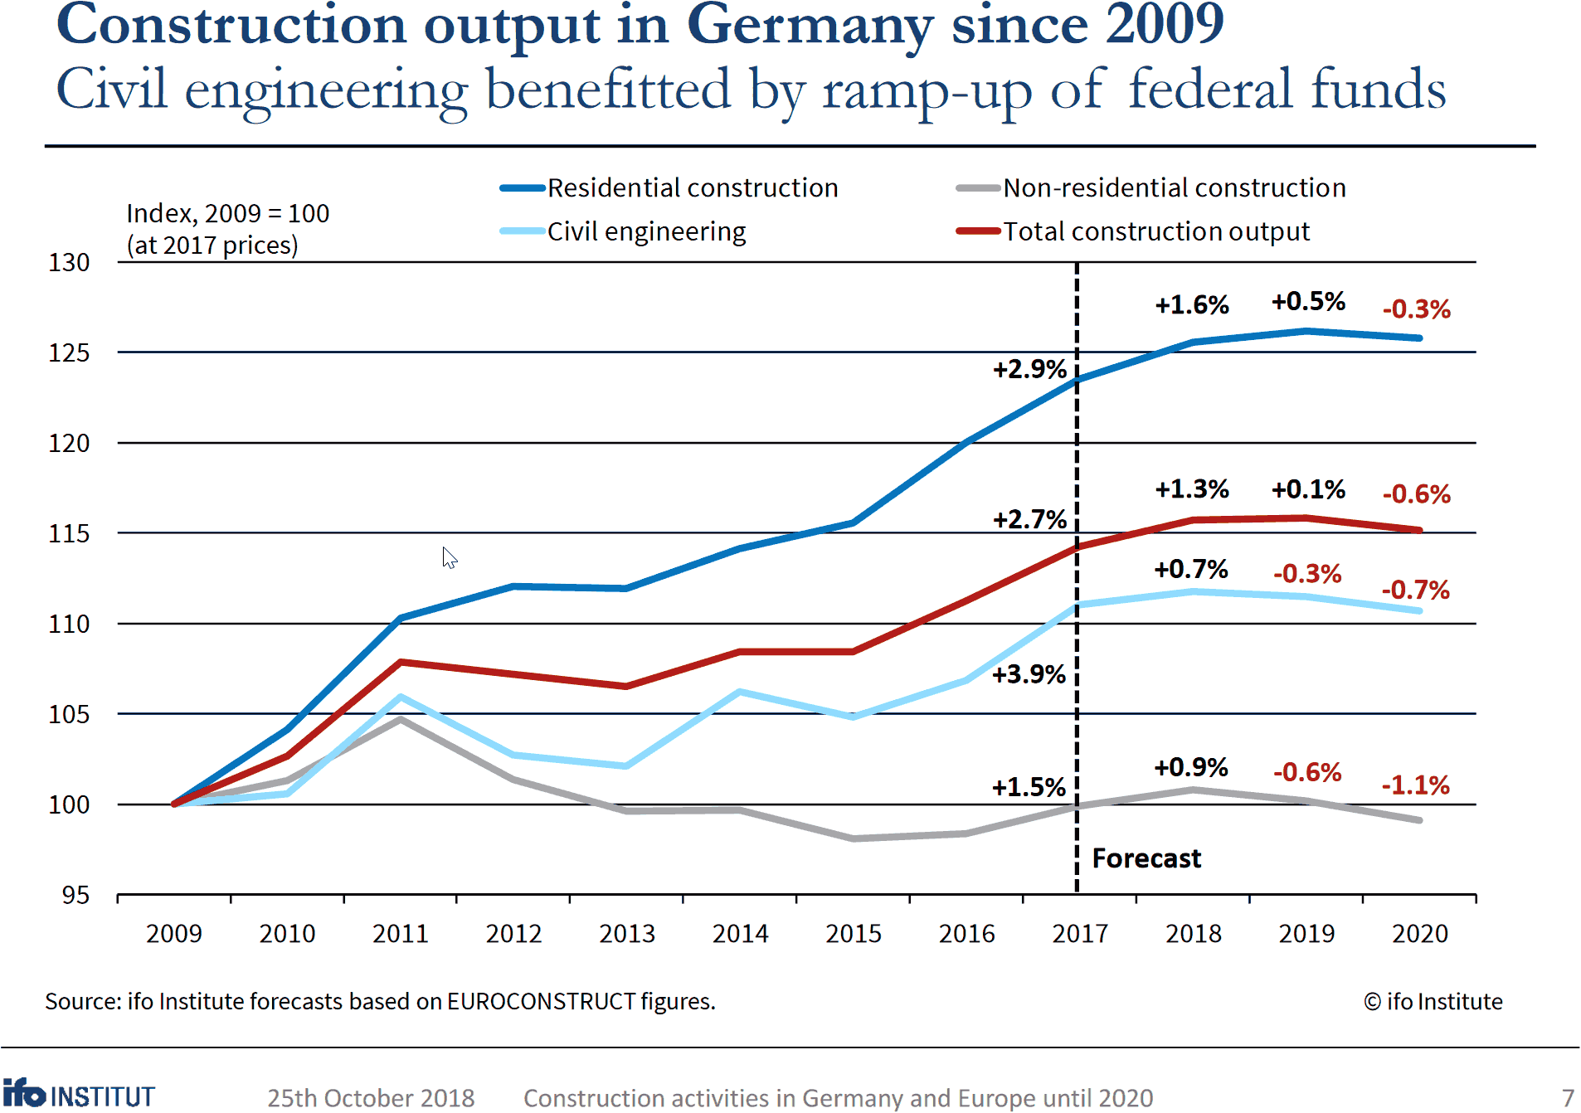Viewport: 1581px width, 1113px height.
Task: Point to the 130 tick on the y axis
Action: click(69, 263)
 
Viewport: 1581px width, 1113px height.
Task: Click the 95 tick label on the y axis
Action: click(75, 895)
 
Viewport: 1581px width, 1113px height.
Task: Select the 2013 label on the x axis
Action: click(627, 934)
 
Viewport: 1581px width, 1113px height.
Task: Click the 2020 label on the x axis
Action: click(1419, 934)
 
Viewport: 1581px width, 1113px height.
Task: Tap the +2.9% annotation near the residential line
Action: click(1029, 369)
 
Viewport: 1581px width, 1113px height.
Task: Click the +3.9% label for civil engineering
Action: click(1029, 674)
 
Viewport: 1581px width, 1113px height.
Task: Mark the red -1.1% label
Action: click(1415, 785)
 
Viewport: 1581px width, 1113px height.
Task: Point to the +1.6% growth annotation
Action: click(1191, 305)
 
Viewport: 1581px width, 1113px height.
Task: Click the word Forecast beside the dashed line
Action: click(1146, 858)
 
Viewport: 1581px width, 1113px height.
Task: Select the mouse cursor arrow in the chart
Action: click(449, 557)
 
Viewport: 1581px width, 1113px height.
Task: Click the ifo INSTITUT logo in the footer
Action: click(79, 1095)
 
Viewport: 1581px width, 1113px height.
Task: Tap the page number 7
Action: click(1567, 1098)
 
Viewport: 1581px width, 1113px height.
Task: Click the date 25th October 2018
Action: click(371, 1098)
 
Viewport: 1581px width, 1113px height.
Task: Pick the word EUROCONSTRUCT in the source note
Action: click(541, 1002)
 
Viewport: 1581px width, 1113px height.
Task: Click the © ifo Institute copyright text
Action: click(1433, 1002)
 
